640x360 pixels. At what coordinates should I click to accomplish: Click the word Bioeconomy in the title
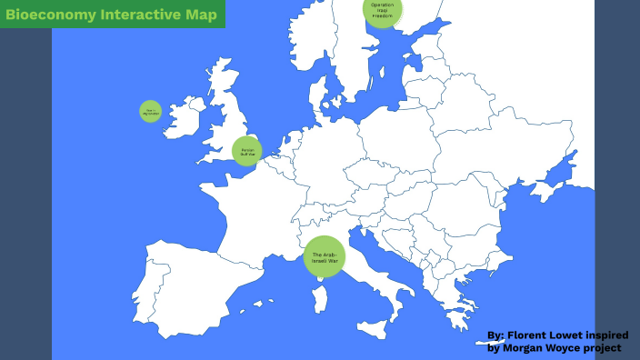(45, 14)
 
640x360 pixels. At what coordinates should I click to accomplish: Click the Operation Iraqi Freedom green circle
(383, 10)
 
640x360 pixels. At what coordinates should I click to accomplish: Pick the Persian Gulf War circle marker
(246, 151)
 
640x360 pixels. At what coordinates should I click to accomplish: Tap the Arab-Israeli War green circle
(325, 257)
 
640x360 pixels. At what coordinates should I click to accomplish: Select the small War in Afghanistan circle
(150, 111)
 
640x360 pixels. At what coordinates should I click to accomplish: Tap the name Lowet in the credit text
(574, 335)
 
